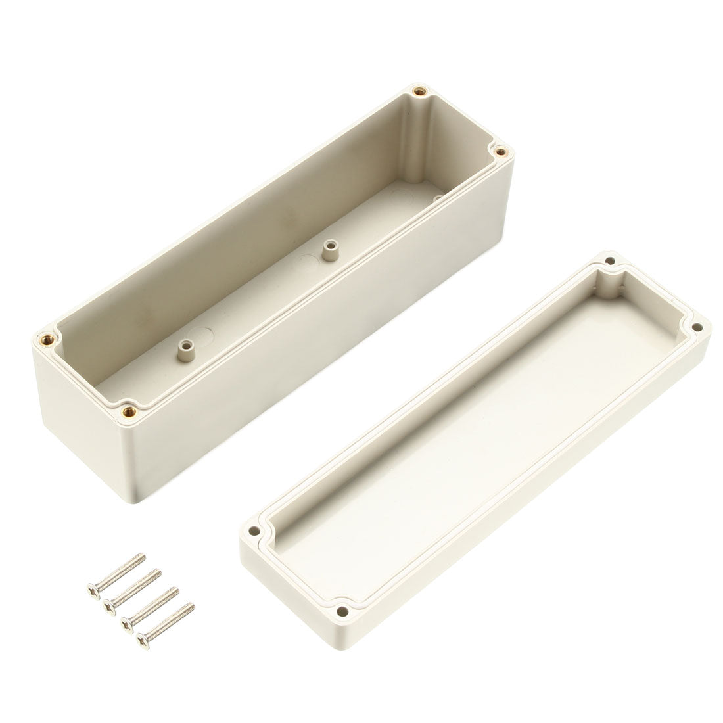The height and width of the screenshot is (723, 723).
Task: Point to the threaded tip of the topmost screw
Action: (141, 557)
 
